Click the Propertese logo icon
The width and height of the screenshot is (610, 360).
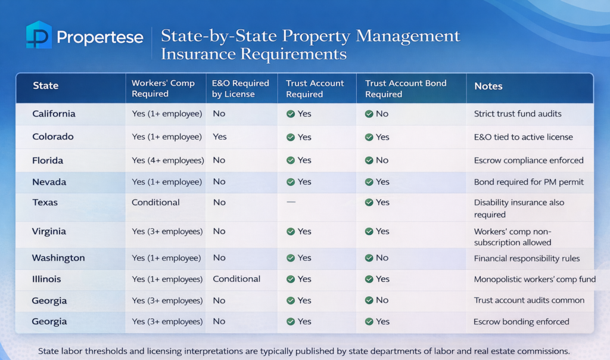click(39, 35)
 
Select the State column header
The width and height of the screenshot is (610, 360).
click(45, 86)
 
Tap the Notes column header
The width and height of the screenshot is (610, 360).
click(488, 86)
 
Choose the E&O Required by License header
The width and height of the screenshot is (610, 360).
click(240, 89)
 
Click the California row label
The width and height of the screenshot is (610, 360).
click(54, 114)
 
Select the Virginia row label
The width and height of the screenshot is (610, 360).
click(49, 231)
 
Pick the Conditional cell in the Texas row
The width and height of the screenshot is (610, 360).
click(155, 203)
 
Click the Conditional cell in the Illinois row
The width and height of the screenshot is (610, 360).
click(236, 279)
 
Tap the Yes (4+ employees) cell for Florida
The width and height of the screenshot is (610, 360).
click(167, 160)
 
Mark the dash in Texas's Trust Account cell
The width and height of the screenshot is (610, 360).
click(291, 203)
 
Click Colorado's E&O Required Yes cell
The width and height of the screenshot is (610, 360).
click(219, 137)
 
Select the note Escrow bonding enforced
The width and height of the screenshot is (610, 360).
click(521, 322)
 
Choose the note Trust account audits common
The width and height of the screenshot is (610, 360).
click(529, 300)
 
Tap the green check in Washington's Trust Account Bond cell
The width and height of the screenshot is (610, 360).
click(369, 258)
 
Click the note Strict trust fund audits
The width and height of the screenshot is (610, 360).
click(518, 114)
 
